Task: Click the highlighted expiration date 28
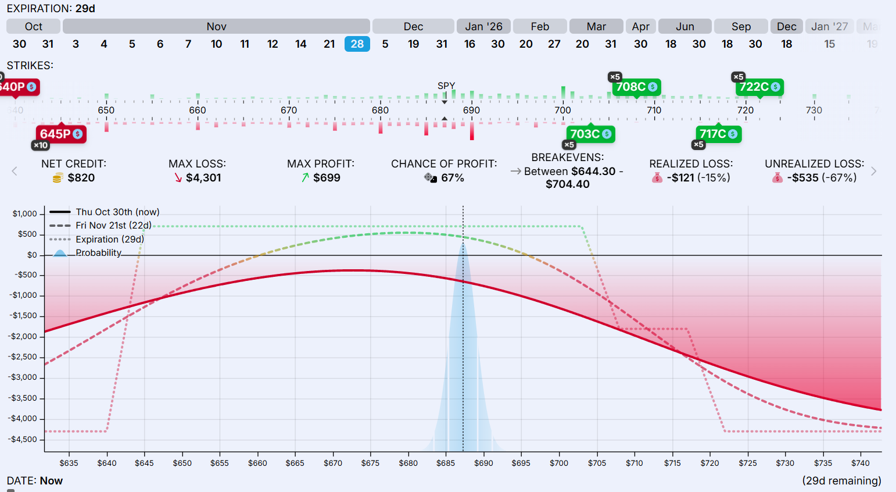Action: [x=357, y=44]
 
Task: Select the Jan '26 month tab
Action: [x=483, y=27]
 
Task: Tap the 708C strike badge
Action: [x=636, y=87]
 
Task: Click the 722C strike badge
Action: [x=759, y=87]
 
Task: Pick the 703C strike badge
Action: [x=590, y=134]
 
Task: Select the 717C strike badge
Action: [x=718, y=134]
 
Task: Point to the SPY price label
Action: [x=446, y=85]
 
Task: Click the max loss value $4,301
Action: [x=203, y=178]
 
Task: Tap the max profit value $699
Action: [x=327, y=178]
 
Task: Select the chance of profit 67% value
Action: [x=452, y=178]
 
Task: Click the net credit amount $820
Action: [x=81, y=178]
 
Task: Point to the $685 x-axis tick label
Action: [x=446, y=464]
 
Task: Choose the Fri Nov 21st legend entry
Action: [x=113, y=226]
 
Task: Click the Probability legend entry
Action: [x=98, y=253]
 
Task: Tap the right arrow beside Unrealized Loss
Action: [x=873, y=171]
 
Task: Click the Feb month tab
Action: [x=540, y=27]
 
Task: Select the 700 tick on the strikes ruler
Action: [x=562, y=110]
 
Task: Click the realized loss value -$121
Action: [x=698, y=178]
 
